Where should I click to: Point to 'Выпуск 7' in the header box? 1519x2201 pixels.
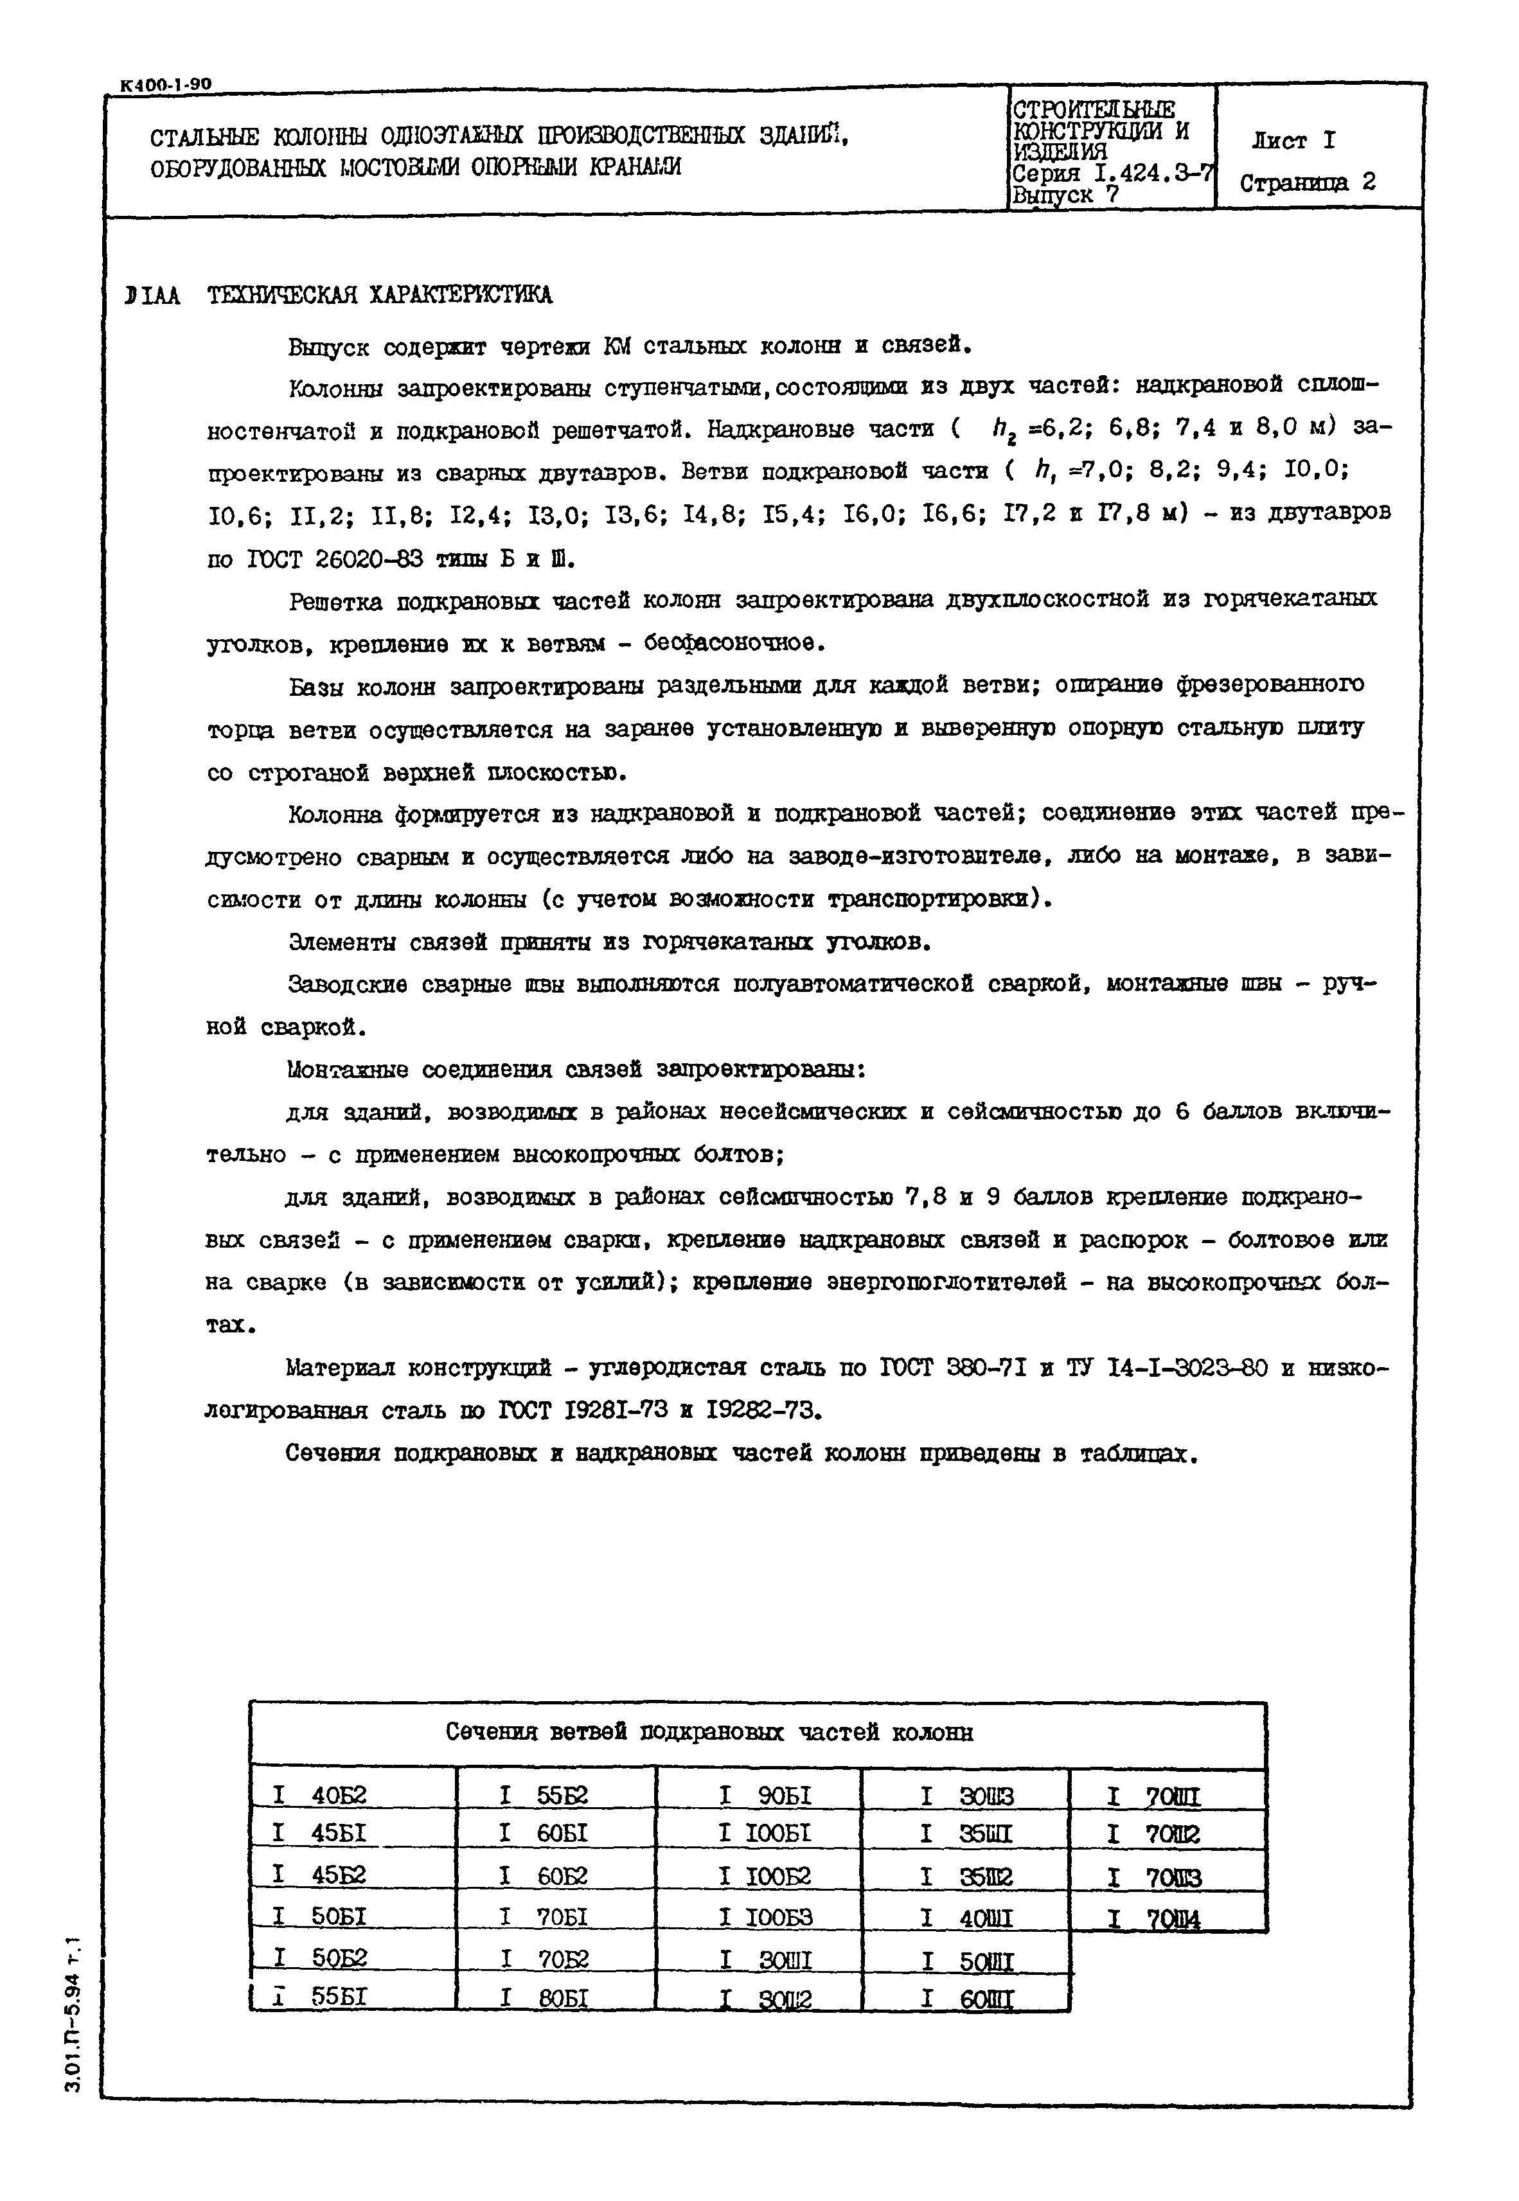tap(1066, 195)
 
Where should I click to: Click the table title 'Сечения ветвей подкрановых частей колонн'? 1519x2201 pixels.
tap(709, 1733)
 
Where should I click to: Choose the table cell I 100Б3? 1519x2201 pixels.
tap(765, 1918)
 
